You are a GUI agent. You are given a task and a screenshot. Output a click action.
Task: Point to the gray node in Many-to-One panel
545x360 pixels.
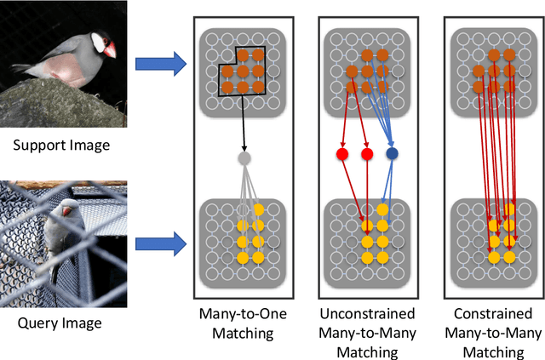pos(244,157)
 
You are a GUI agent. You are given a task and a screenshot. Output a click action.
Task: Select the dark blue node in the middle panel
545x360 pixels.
pos(393,155)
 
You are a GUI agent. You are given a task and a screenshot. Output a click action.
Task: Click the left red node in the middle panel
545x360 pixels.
pos(341,155)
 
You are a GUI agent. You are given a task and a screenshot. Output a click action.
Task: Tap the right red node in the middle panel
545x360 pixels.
pos(367,155)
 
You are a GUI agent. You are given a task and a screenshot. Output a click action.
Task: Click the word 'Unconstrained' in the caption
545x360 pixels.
pos(367,314)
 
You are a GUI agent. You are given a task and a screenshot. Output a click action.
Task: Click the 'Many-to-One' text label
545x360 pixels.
pos(244,314)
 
